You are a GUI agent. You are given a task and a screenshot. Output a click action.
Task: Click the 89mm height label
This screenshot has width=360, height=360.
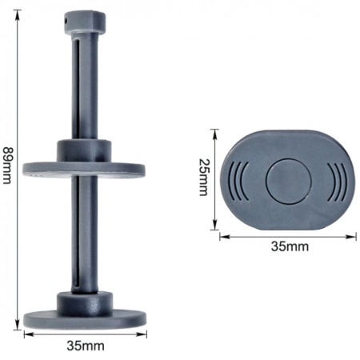7,170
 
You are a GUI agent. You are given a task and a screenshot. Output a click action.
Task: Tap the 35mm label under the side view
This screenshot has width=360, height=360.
86,347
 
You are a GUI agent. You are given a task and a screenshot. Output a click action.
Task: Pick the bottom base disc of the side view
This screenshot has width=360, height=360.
86,315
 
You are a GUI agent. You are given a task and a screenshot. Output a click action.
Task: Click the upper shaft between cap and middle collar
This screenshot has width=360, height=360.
85,88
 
